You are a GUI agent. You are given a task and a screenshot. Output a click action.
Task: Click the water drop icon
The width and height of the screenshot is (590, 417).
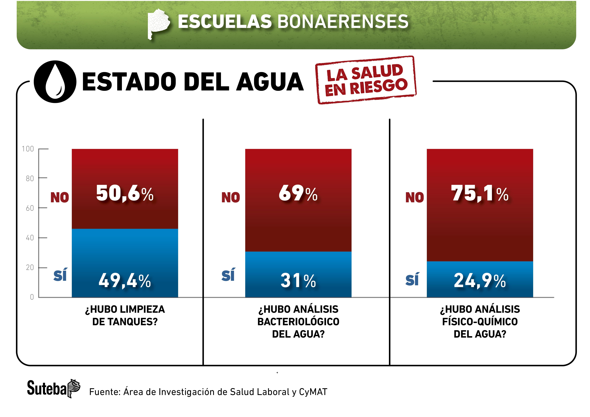tap(55, 82)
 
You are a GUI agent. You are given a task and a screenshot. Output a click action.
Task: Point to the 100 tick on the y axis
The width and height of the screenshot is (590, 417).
tap(28, 149)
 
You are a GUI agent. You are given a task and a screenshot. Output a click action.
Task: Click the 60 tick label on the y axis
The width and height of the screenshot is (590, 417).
tap(30, 208)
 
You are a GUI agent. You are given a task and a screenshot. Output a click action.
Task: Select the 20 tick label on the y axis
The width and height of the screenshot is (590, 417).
tap(30, 268)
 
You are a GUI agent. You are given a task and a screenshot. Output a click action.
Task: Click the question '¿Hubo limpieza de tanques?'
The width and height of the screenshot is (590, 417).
tap(125, 315)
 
